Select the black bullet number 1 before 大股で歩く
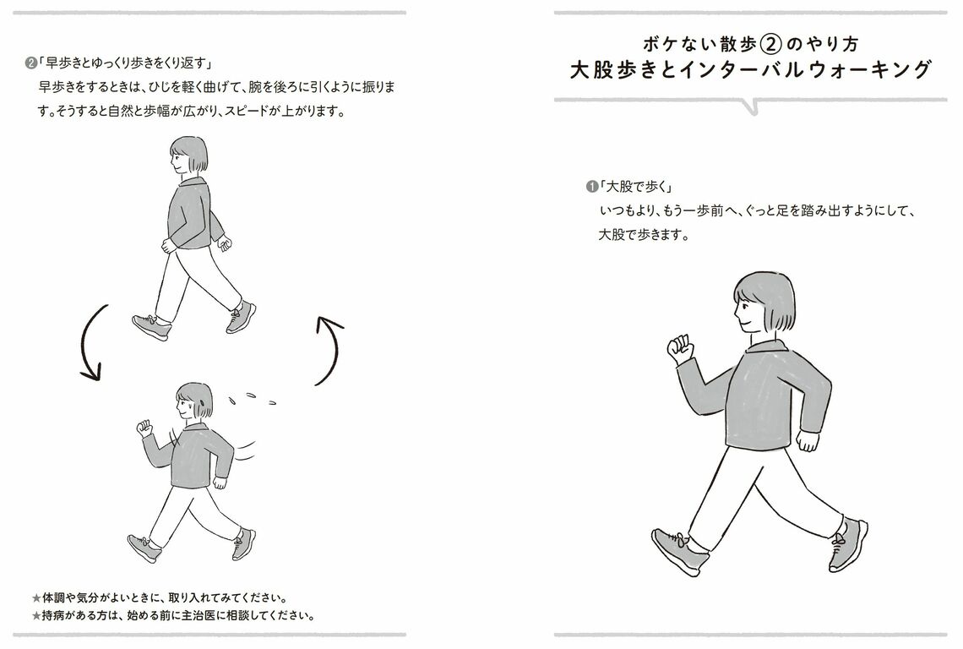592,187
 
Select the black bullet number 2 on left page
31,63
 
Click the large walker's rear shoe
847,544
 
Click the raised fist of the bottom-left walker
144,428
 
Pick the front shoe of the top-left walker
151,326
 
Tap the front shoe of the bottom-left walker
144,548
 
